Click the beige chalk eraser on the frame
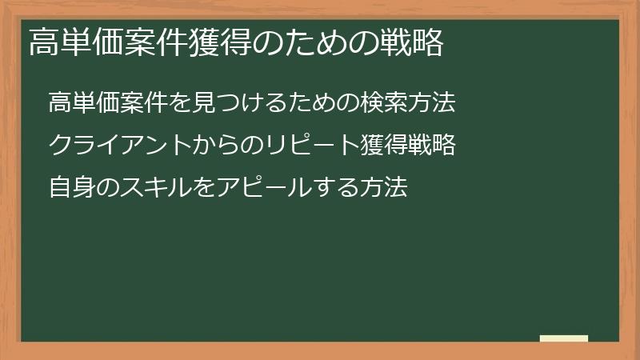[x=564, y=339]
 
